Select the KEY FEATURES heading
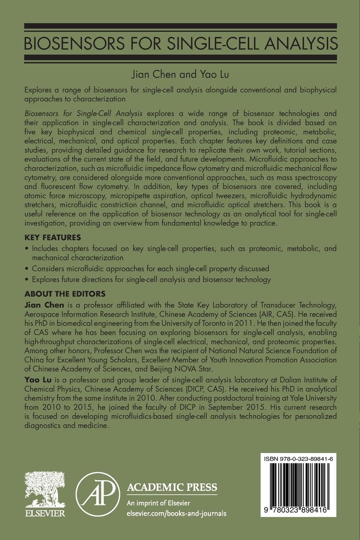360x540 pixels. pos(53,237)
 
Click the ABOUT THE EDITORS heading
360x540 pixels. pos(65,294)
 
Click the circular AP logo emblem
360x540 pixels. pos(98,495)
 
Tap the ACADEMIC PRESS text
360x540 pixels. pos(171,487)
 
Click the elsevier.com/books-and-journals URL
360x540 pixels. pos(176,513)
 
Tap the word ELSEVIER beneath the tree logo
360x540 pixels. pos(45,514)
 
